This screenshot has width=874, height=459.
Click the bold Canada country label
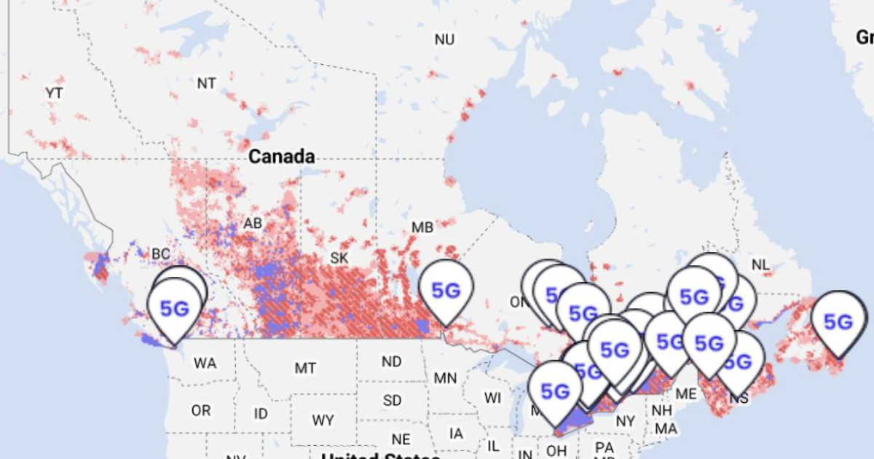[281, 157]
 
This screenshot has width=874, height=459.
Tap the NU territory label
[444, 39]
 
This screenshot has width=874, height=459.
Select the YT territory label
[54, 93]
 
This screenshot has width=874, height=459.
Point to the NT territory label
[207, 83]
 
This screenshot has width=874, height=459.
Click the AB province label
[253, 223]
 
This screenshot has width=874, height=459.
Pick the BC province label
[160, 254]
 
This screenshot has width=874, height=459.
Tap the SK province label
[339, 258]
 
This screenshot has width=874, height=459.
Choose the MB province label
[422, 227]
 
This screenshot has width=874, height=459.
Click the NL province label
[760, 264]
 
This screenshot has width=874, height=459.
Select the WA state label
[205, 363]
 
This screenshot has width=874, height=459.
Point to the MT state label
[305, 368]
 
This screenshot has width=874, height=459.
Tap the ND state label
[391, 361]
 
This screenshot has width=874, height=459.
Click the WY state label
[323, 420]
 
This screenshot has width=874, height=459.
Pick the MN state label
[445, 377]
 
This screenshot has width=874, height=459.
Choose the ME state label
[685, 393]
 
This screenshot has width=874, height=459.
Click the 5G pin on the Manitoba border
[446, 291]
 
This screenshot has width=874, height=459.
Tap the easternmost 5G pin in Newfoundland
[838, 321]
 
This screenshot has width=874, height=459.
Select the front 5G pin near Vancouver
[174, 308]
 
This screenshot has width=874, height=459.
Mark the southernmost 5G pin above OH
[555, 392]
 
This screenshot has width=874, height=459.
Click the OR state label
[201, 411]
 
